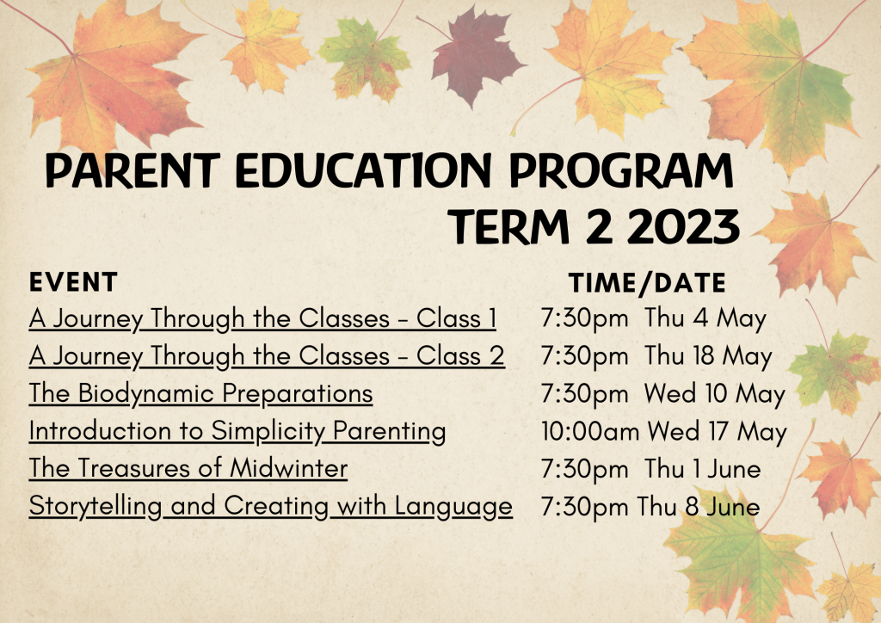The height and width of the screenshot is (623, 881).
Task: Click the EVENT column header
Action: point(73,282)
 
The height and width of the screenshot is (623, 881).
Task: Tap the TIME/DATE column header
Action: point(647,282)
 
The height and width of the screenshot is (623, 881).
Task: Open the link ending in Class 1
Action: point(262,319)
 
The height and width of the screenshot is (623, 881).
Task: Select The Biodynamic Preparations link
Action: point(200,394)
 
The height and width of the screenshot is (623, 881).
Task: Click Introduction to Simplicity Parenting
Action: point(237,431)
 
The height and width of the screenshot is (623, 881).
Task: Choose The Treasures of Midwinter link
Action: point(188,468)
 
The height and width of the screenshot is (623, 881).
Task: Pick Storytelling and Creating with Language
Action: point(270,506)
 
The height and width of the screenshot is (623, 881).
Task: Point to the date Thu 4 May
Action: point(705,319)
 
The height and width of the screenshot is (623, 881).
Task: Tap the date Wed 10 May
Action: point(715,394)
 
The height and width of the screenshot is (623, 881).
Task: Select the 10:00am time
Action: point(590,431)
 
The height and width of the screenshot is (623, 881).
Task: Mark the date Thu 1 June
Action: point(702,468)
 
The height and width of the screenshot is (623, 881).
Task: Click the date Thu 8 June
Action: point(698,506)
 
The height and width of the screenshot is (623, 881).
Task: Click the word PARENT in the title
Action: point(132,170)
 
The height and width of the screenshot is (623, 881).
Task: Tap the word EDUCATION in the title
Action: point(364,170)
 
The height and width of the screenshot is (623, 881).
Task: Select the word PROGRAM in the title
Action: point(621,170)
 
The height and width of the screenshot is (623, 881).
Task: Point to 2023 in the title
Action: point(682,227)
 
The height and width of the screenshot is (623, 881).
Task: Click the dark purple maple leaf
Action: point(475,54)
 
